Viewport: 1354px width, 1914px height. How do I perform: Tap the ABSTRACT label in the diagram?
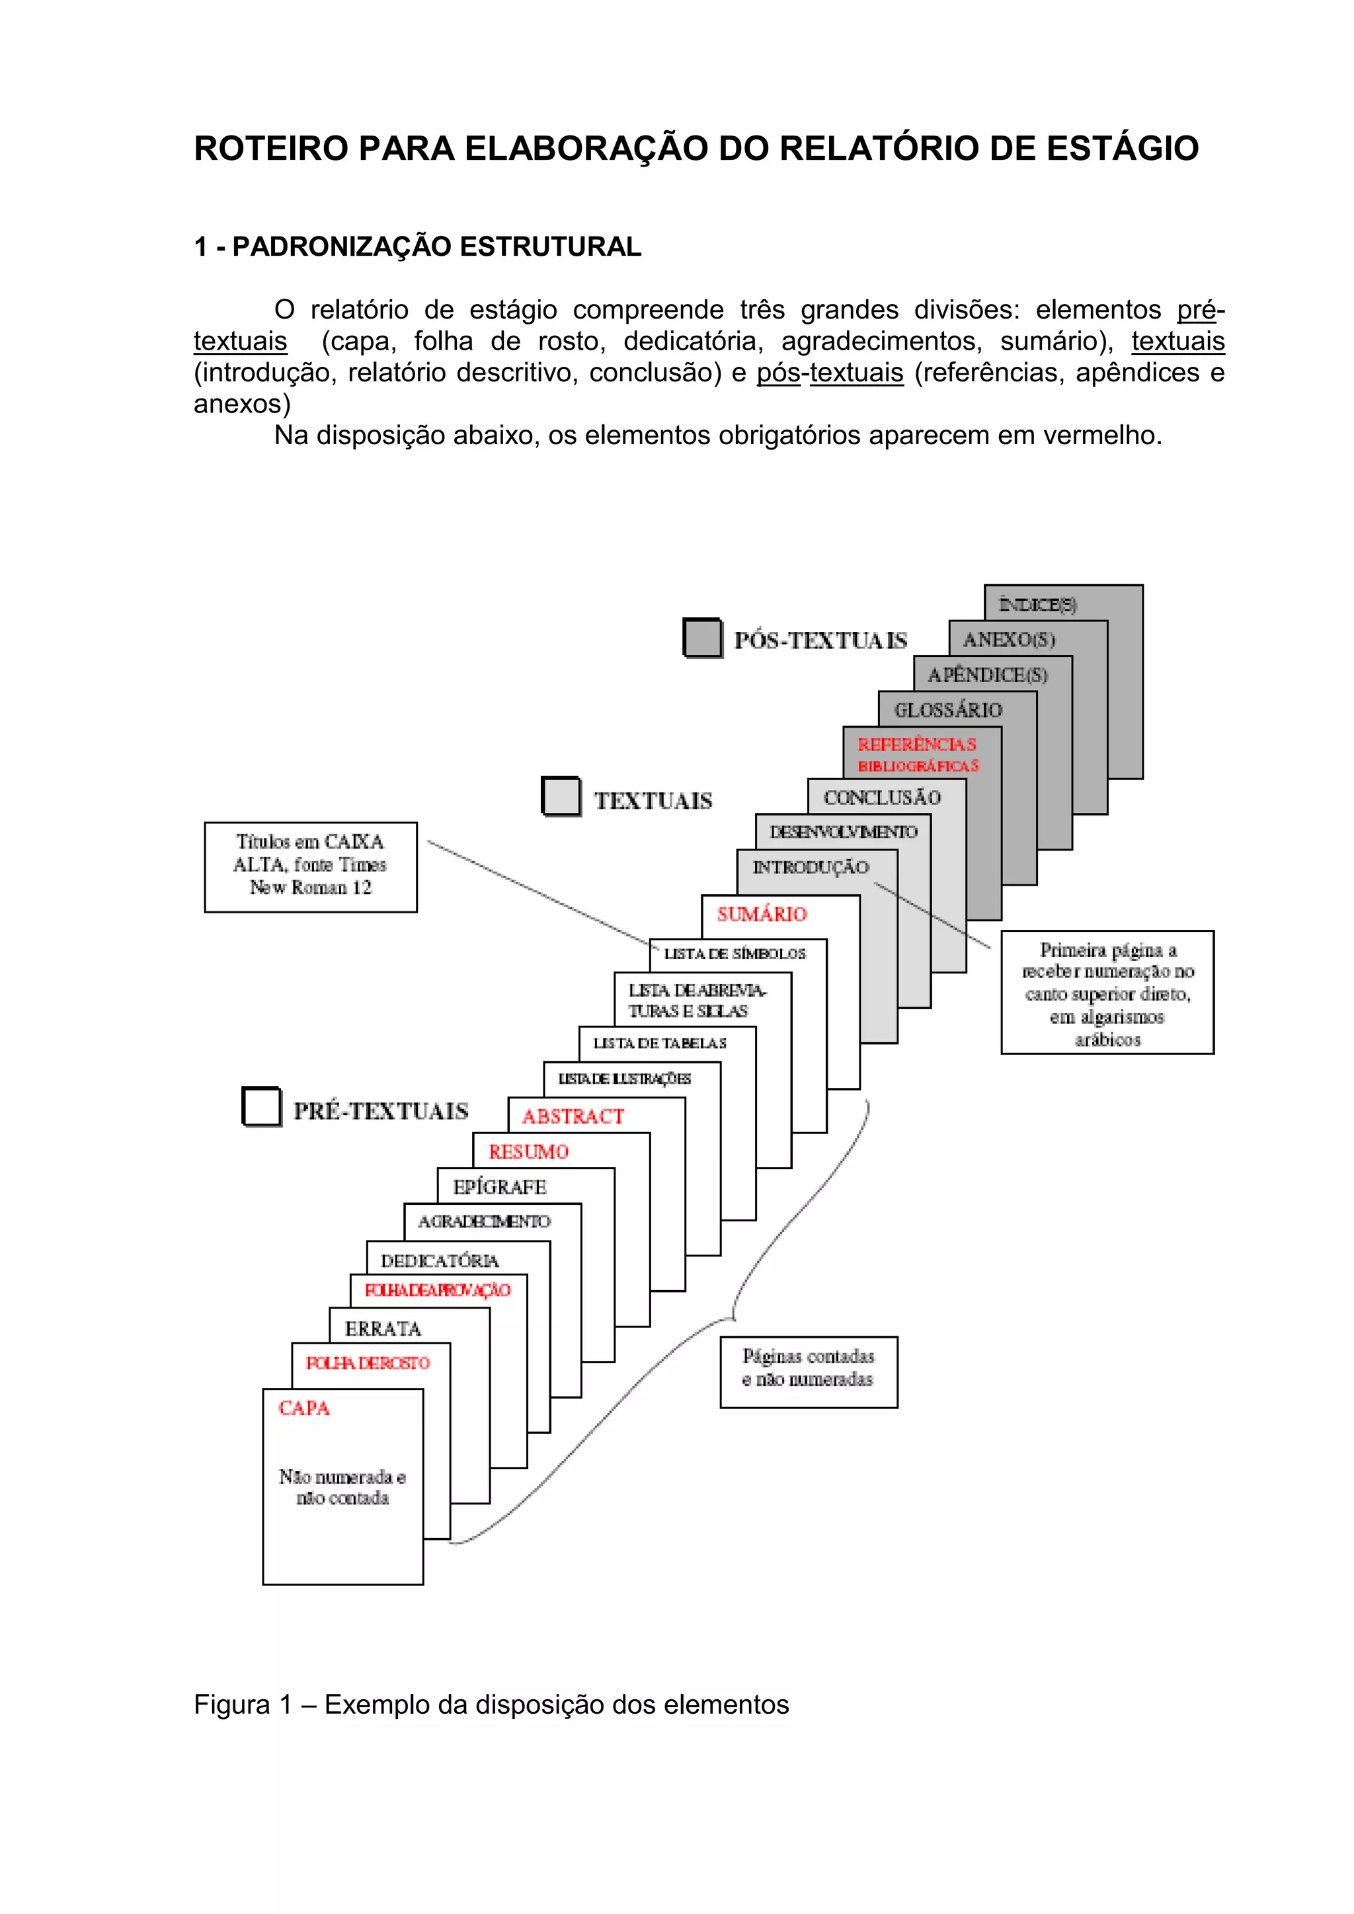(x=573, y=1116)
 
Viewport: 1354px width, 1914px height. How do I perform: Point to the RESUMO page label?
(x=529, y=1151)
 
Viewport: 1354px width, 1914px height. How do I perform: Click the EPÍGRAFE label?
(x=499, y=1186)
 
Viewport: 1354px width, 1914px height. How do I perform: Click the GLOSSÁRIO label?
(x=948, y=710)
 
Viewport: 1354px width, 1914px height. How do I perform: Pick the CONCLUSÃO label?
(x=882, y=798)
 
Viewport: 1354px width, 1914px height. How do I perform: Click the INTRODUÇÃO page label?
(x=811, y=867)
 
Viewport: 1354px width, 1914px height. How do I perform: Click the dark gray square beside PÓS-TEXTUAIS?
(x=702, y=638)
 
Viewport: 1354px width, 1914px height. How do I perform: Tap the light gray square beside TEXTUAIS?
(x=561, y=796)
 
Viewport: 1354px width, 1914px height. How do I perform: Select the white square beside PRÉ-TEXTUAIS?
(x=261, y=1106)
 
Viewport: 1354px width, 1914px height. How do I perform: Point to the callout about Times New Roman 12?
(x=310, y=866)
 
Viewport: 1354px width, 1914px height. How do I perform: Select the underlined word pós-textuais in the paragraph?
(x=830, y=373)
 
